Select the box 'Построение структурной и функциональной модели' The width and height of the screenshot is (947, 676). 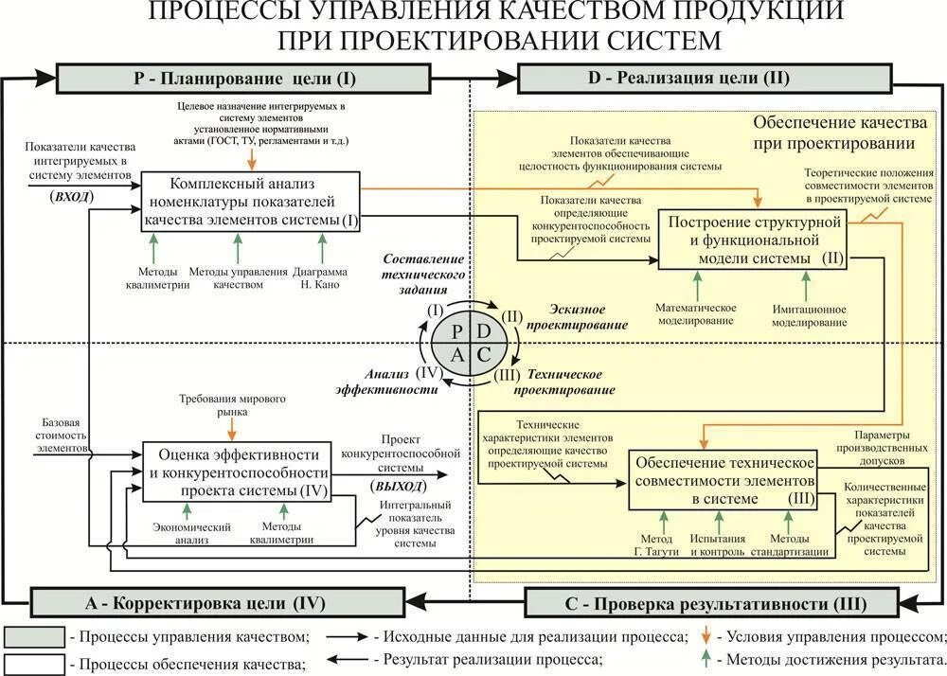point(756,240)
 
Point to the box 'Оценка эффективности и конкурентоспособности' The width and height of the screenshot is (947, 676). point(237,471)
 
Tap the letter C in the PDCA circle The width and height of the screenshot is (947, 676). point(484,354)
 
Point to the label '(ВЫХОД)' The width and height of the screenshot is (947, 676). point(397,486)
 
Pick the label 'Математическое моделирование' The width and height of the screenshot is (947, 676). point(697,315)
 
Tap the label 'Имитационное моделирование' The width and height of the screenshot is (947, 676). point(809,315)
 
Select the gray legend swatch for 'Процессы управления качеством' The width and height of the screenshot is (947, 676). point(34,636)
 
